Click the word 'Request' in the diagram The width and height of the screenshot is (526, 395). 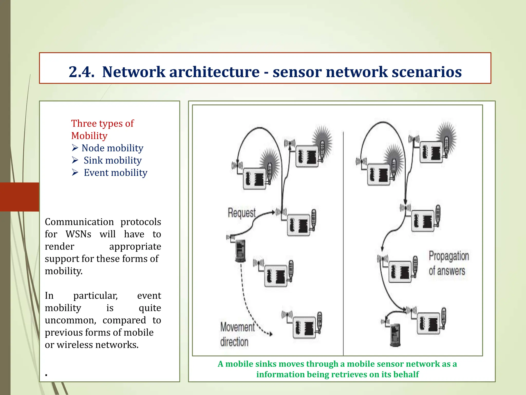point(241,213)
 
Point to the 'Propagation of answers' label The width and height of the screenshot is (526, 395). point(448,263)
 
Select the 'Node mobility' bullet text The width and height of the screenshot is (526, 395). point(112,148)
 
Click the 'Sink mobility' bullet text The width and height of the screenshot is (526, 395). point(112,160)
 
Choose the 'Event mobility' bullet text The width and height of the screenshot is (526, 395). point(116,173)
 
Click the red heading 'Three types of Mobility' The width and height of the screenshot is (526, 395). point(102,129)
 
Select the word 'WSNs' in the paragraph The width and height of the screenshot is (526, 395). point(78,234)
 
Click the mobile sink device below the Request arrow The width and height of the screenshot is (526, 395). point(240,251)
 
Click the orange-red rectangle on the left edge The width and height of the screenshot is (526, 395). point(20,197)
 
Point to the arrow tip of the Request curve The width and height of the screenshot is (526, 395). point(274,212)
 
